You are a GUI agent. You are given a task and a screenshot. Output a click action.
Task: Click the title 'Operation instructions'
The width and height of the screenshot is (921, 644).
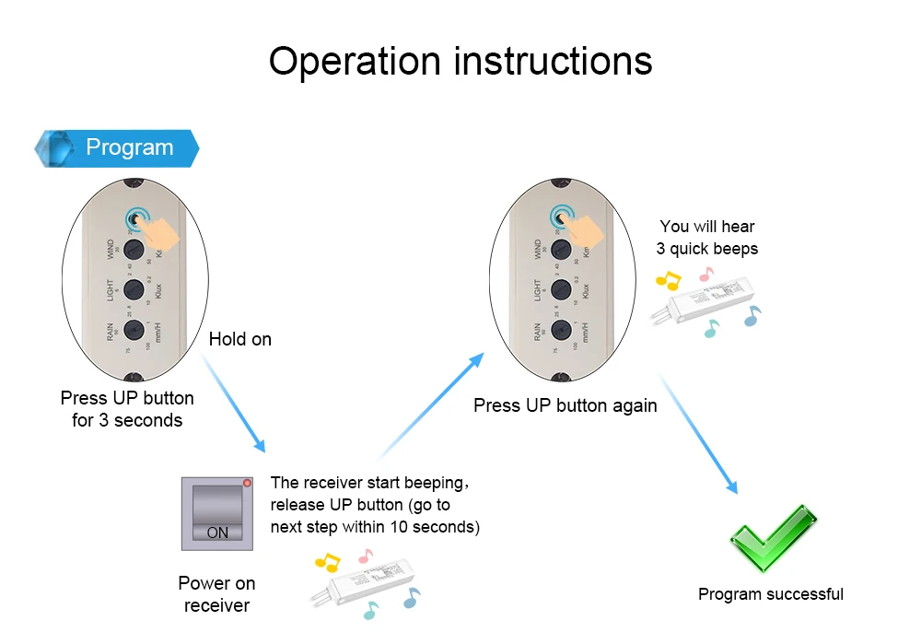click(460, 61)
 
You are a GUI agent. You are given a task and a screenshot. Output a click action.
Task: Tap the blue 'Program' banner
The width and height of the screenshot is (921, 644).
click(117, 147)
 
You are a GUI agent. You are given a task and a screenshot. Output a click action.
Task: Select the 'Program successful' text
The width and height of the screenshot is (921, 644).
click(770, 594)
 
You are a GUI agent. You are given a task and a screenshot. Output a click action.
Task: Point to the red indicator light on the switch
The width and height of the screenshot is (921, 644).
click(246, 484)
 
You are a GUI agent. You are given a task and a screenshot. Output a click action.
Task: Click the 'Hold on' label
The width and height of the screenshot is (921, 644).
click(239, 339)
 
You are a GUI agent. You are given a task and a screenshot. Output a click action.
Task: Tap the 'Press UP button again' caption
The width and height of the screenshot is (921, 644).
click(565, 405)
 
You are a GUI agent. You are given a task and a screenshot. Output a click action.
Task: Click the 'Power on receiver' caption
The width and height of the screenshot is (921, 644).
click(216, 594)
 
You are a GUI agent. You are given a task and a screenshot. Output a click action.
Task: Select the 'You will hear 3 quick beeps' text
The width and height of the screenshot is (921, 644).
click(706, 238)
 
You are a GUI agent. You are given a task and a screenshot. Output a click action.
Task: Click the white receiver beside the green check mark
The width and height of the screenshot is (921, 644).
click(705, 300)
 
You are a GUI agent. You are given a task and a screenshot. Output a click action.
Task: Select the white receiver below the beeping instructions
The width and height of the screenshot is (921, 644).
click(364, 580)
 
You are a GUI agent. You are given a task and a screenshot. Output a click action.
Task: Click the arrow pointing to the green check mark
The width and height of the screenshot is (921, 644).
click(700, 433)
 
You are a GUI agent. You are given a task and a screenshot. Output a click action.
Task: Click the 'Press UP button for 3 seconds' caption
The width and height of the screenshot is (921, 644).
click(127, 409)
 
